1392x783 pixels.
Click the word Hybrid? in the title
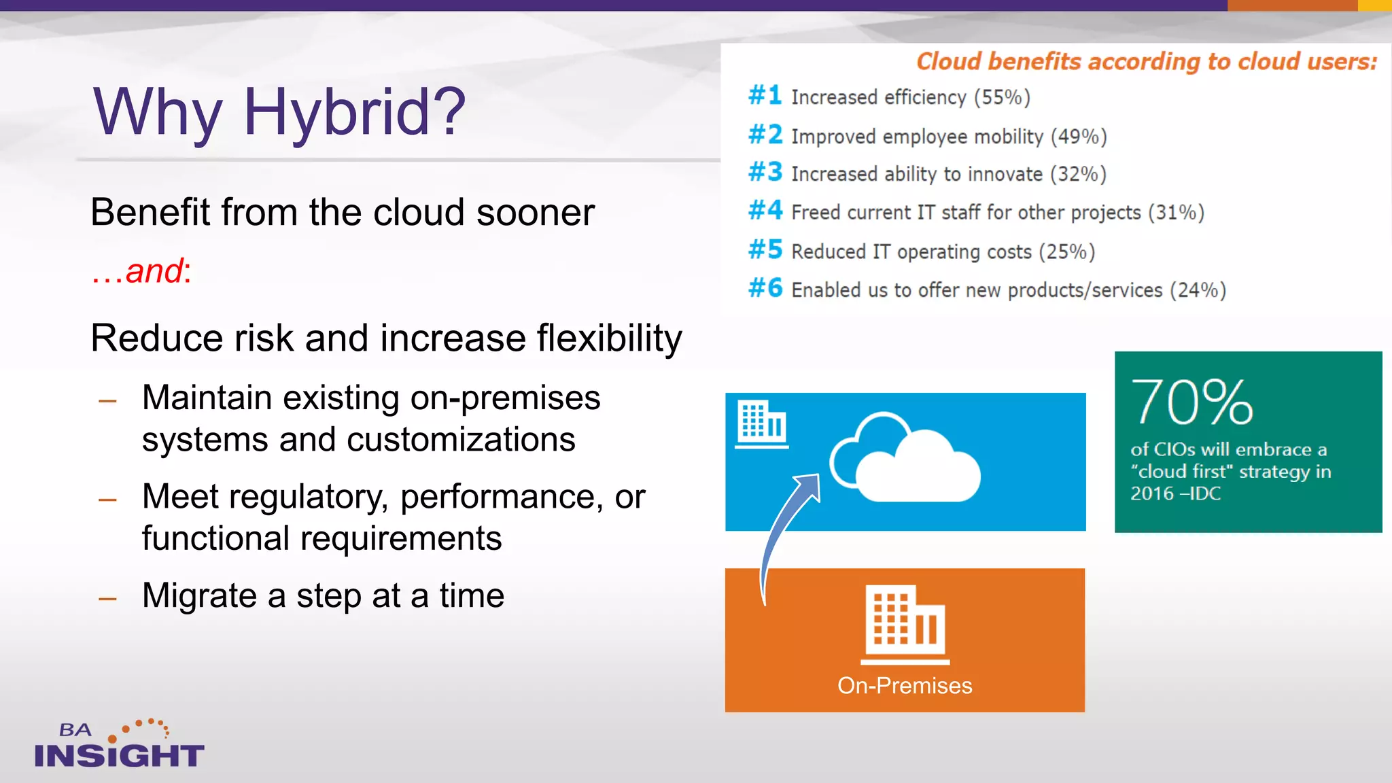tap(354, 113)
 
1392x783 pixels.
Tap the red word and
tap(154, 271)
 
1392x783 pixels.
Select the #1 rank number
tap(765, 95)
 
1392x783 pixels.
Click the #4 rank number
tap(765, 211)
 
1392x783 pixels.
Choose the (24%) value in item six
tap(1198, 290)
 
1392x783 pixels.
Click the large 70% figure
tap(1191, 402)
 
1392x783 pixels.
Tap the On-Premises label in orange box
tap(904, 685)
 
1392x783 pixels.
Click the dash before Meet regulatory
tap(107, 500)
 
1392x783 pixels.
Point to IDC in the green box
tap(1204, 493)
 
